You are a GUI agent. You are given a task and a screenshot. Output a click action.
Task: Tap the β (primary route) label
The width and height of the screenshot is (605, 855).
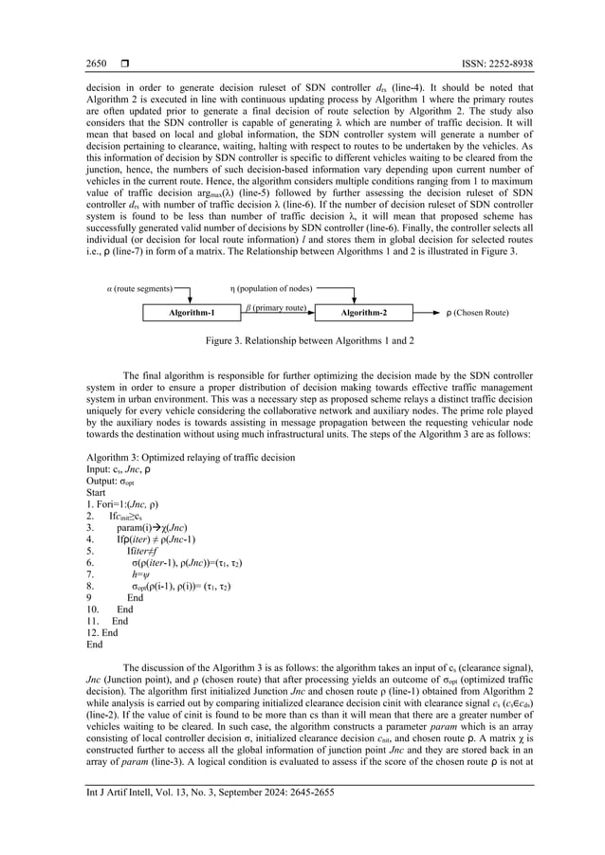pos(276,307)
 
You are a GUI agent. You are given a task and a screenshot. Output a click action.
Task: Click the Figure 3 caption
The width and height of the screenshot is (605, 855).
pos(302,339)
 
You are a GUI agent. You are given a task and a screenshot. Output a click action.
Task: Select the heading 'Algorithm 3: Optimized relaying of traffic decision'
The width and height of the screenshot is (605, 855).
pos(191,458)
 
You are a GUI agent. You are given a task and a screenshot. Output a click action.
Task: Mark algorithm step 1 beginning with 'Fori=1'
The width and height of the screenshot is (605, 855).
pos(122,504)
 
